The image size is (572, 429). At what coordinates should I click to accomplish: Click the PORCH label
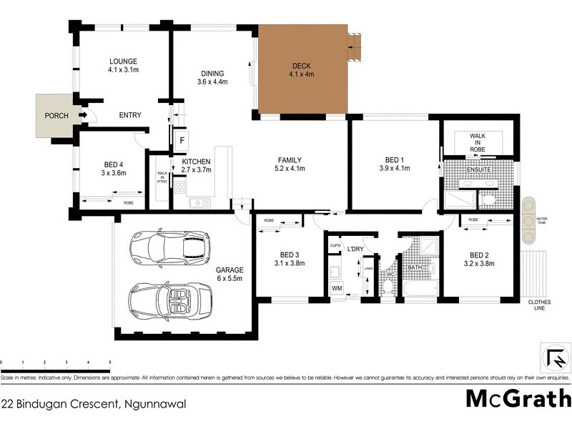55,115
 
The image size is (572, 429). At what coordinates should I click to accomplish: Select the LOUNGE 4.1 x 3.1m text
123,66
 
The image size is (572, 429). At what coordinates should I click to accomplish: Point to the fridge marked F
182,139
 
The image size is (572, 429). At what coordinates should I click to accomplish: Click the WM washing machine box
337,287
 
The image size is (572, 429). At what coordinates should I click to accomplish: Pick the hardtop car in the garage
170,247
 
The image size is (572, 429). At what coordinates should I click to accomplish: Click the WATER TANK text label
541,220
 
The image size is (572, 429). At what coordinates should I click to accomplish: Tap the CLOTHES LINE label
540,306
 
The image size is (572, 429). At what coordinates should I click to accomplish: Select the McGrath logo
518,398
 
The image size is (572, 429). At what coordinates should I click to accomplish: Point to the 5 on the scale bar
109,363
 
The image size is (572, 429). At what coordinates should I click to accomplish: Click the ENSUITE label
478,169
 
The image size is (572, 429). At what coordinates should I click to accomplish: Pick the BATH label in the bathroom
415,267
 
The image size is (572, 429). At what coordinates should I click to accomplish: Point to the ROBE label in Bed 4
128,202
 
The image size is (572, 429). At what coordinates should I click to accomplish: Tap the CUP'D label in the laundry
335,246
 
